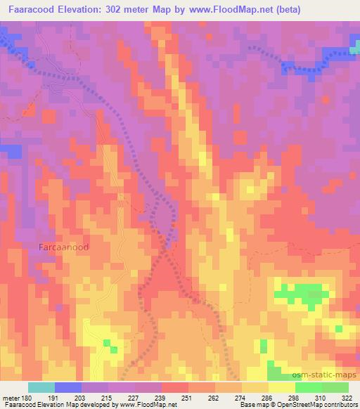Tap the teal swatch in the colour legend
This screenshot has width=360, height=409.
click(x=41, y=387)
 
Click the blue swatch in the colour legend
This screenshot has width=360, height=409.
click(x=67, y=387)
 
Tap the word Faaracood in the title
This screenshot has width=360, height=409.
click(x=36, y=9)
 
